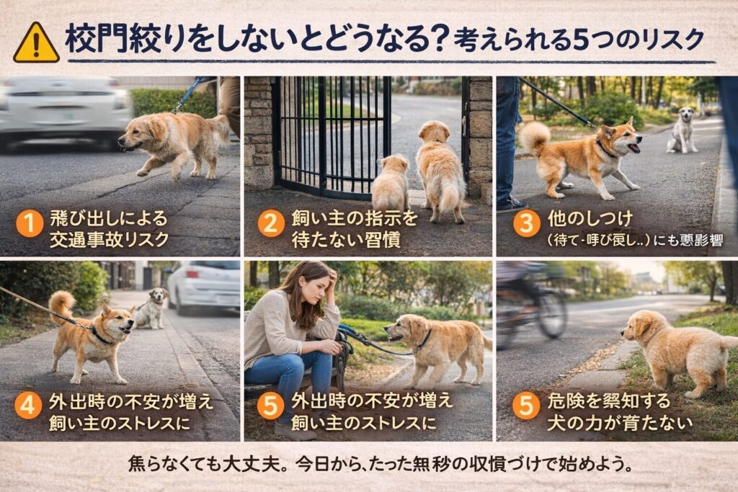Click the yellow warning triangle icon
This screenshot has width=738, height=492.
36,43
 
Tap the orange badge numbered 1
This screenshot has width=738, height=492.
30,223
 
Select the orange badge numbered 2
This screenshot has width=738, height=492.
271,223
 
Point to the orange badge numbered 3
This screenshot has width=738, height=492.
526,223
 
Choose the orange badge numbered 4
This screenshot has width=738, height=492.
28,405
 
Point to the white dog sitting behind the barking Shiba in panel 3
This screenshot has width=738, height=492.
682,130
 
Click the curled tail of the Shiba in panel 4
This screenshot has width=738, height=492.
62,303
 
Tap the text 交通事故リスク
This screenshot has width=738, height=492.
110,240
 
